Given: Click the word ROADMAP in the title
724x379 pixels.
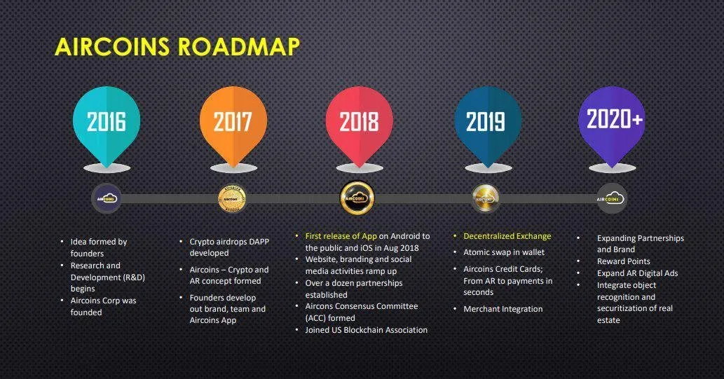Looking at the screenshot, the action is pyautogui.click(x=239, y=47).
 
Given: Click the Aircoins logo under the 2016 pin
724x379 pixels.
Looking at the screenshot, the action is pyautogui.click(x=107, y=199).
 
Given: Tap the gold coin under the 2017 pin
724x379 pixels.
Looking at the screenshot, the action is pyautogui.click(x=232, y=199).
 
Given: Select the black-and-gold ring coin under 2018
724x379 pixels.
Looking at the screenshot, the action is pyautogui.click(x=357, y=198).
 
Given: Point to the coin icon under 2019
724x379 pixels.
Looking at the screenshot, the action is pyautogui.click(x=485, y=199).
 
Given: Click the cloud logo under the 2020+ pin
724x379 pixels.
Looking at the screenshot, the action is pyautogui.click(x=611, y=199).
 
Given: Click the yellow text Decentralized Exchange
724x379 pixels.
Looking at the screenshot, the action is pyautogui.click(x=507, y=236).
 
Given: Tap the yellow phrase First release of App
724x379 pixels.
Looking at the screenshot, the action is pyautogui.click(x=341, y=236).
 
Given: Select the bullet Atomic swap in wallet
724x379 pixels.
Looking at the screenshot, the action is pyautogui.click(x=504, y=252).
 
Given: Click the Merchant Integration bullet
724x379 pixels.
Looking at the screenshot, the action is pyautogui.click(x=503, y=309).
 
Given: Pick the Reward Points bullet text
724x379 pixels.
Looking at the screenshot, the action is pyautogui.click(x=623, y=261).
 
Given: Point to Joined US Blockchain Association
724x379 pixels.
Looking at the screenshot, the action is pyautogui.click(x=366, y=329).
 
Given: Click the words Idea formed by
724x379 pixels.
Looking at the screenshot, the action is pyautogui.click(x=98, y=242).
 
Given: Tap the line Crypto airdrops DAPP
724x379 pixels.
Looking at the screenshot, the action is pyautogui.click(x=229, y=242).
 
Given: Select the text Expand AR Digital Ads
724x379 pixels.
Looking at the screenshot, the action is pyautogui.click(x=637, y=273).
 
